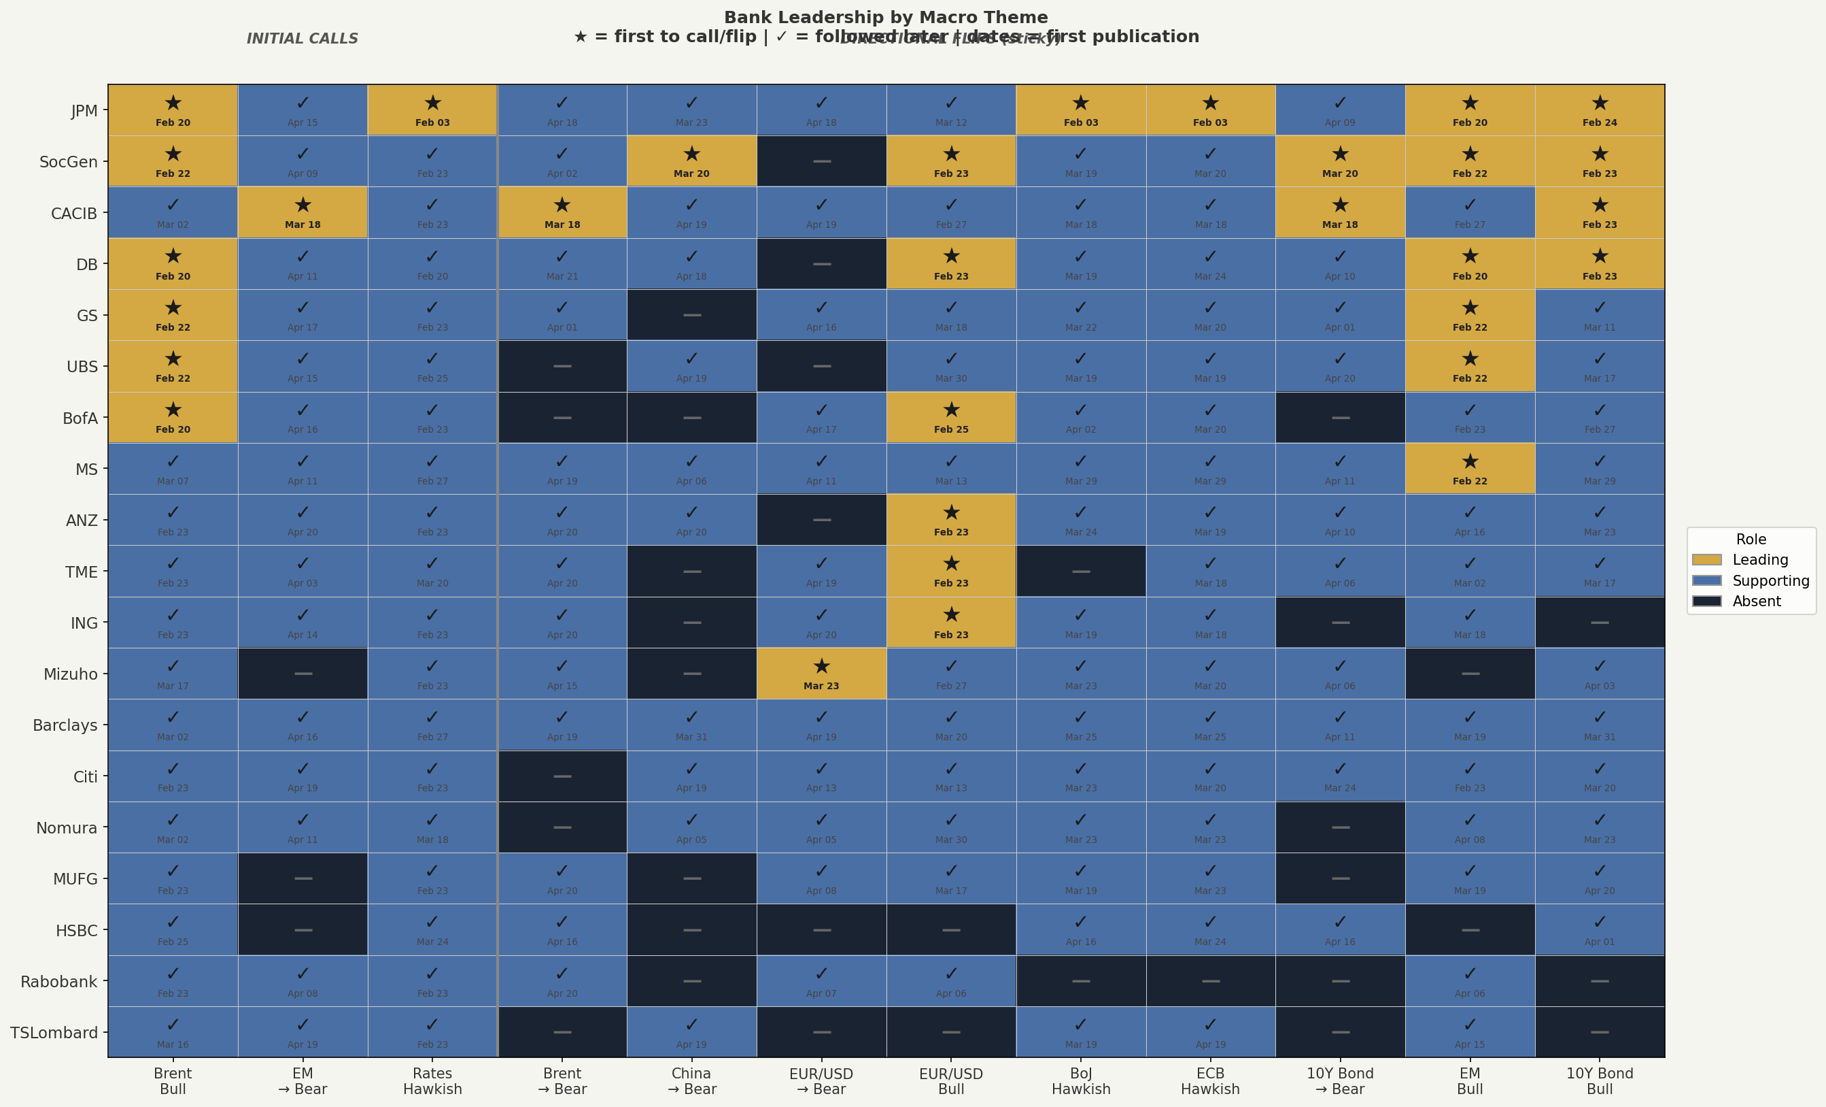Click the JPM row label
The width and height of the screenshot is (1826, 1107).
[x=84, y=110]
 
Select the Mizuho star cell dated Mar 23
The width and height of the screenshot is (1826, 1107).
[x=821, y=673]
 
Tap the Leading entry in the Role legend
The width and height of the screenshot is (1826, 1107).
[x=1760, y=560]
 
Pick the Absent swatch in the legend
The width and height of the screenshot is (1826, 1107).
[x=1706, y=601]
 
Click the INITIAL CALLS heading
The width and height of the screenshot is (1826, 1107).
[x=303, y=39]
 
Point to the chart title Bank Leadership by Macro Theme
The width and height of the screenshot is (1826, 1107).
[x=886, y=17]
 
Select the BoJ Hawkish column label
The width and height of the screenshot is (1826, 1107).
[x=1080, y=1081]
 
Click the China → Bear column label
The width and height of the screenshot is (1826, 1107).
[x=691, y=1081]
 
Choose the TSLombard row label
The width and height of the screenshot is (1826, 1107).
[x=54, y=1032]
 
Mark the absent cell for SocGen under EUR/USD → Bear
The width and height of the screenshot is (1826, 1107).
[x=821, y=161]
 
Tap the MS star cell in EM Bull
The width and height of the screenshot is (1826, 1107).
[x=1470, y=469]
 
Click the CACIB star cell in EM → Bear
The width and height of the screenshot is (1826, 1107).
[x=303, y=212]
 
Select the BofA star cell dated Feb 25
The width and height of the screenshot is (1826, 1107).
[x=951, y=418]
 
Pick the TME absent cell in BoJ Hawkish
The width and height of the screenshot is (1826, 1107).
[x=1080, y=571]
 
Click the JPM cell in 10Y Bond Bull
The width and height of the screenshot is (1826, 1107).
[x=1599, y=110]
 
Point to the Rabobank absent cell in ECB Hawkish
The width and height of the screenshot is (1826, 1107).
[x=1210, y=981]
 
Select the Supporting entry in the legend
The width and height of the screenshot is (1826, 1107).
[x=1770, y=580]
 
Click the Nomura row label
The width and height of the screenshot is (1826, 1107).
[x=67, y=827]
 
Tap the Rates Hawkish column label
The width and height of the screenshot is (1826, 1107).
[x=432, y=1081]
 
